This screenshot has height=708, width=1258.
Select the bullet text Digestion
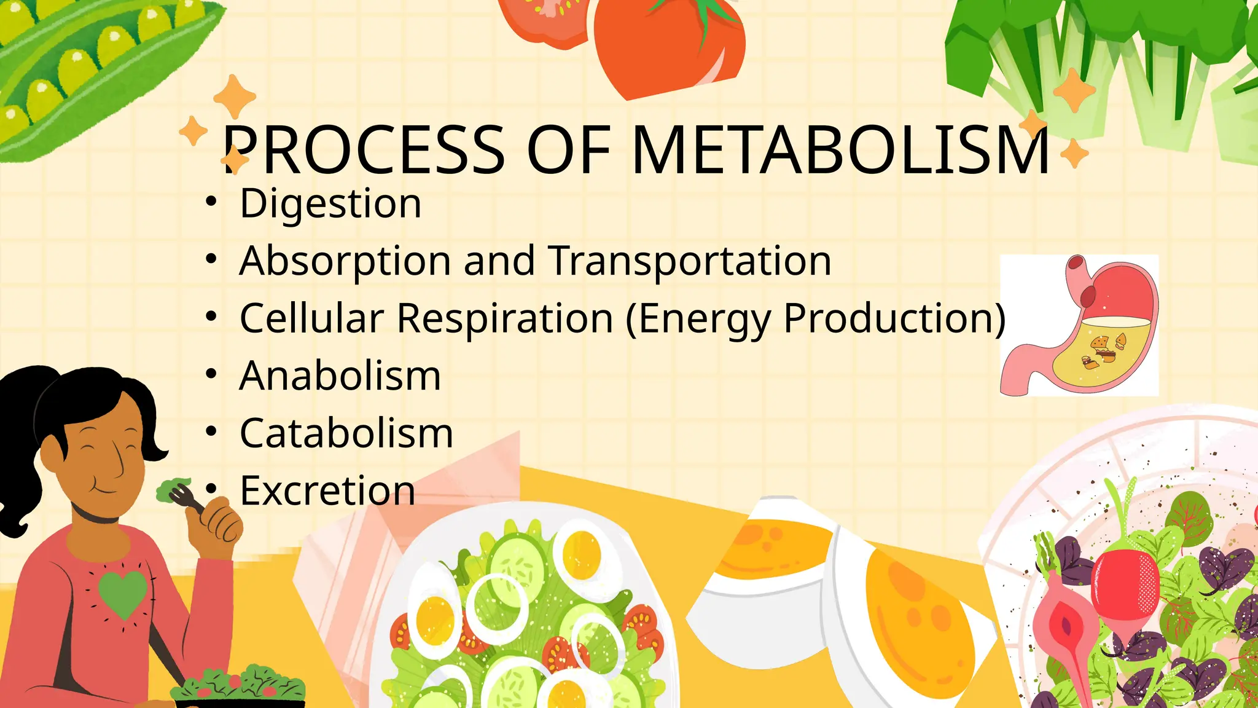(330, 203)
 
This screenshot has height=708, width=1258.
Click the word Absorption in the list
(345, 261)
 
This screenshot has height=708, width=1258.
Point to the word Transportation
(689, 261)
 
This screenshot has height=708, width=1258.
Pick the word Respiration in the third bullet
(505, 318)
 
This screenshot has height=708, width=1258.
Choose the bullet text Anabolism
(340, 376)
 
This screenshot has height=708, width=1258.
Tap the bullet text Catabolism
(346, 433)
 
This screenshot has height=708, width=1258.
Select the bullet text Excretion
(327, 490)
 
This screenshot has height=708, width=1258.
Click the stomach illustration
(1080, 326)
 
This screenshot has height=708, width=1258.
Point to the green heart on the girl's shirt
(123, 593)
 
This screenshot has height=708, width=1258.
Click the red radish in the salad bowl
(1125, 584)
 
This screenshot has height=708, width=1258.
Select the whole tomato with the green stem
(670, 46)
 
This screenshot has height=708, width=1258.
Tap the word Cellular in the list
(311, 318)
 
